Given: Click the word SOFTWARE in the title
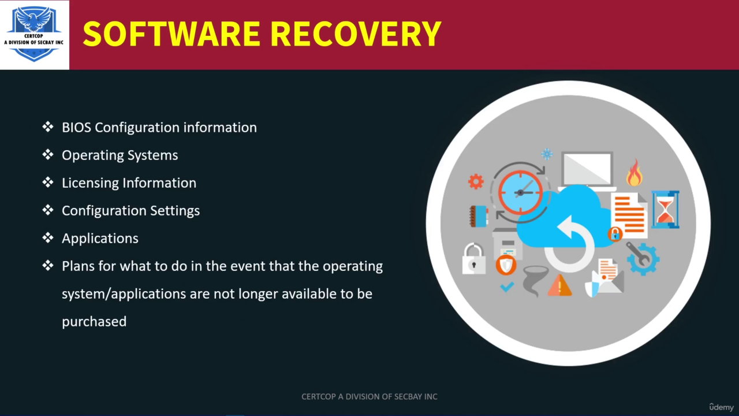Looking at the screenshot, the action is pos(171,34).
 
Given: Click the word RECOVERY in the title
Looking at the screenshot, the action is pos(356,34).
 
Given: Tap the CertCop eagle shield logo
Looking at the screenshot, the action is pos(34,34).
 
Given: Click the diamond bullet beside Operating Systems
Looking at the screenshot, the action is pos(48,154).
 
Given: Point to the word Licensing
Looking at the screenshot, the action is pos(90,184).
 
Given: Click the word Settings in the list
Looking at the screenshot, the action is pos(175,211).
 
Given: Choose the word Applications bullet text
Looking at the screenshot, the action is pos(100,239).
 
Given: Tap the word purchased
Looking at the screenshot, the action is pos(94,322).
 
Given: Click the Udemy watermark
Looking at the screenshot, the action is pos(721,407).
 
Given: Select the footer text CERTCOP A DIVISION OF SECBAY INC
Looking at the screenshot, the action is pos(369,396).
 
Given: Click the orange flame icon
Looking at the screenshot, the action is pos(635,173).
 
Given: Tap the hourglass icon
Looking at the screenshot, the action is pos(666,210).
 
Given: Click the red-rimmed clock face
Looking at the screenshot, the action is pos(520,192).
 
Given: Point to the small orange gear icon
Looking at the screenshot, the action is pos(476,181).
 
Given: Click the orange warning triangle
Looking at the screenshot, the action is pos(559,285).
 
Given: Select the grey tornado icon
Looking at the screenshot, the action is pos(534,281).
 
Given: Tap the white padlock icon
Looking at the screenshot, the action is pos(474,259).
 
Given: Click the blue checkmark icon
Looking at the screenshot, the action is pos(507,287).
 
